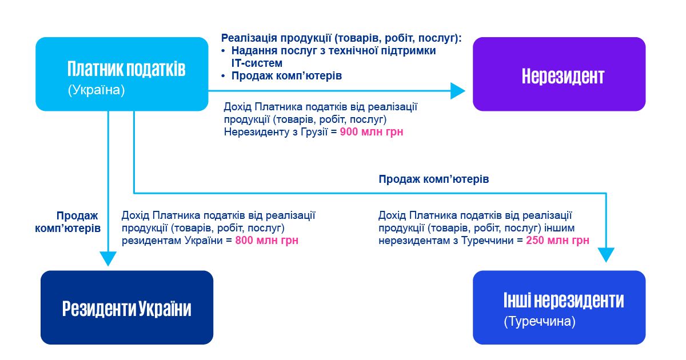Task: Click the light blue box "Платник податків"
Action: [x=122, y=74]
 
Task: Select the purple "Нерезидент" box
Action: [x=559, y=74]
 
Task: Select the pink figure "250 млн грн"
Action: [x=557, y=241]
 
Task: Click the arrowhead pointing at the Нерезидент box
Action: [x=458, y=91]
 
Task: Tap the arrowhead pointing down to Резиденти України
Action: [x=108, y=257]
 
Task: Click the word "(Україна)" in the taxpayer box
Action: [x=96, y=91]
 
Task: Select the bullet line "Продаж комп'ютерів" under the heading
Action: [x=286, y=75]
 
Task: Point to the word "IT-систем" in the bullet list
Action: [x=257, y=63]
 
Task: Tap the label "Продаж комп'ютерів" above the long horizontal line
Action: [x=433, y=179]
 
